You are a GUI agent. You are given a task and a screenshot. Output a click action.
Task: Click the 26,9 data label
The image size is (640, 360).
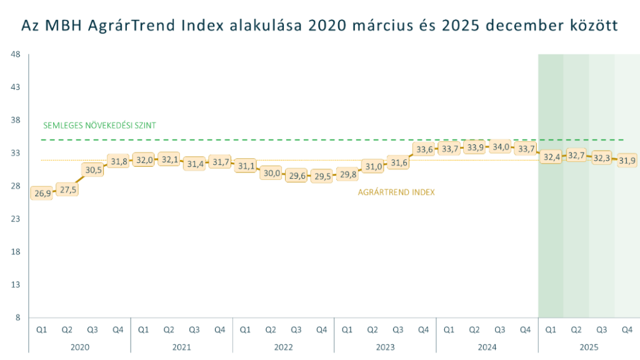42,193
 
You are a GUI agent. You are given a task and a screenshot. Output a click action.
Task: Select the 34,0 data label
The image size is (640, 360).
500,147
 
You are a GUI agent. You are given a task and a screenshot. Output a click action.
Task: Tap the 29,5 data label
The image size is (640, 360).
322,176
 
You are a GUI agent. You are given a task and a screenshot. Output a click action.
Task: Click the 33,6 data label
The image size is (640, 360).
424,149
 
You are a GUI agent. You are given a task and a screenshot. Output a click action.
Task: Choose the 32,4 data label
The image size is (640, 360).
551,157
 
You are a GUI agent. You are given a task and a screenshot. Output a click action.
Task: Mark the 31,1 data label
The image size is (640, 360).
246,166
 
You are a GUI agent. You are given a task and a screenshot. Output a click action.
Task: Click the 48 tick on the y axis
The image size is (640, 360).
16,54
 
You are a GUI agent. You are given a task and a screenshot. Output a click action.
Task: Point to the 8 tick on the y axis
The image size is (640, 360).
17,317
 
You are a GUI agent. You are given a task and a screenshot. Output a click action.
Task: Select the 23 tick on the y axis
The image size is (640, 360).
16,219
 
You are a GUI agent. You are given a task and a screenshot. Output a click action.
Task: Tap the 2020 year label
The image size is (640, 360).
79,347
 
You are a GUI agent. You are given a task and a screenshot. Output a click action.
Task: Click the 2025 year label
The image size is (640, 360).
589,347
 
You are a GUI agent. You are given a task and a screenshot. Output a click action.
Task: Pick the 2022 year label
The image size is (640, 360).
283,347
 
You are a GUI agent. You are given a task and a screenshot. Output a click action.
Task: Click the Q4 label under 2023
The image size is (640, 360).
423,329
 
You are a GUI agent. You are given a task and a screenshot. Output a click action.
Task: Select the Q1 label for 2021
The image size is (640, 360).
143,329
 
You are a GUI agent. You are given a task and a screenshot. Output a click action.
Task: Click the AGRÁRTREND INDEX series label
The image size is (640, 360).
396,192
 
